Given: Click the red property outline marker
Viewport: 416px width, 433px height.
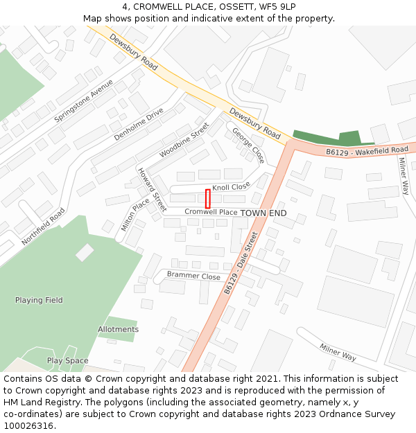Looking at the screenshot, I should pos(207,198).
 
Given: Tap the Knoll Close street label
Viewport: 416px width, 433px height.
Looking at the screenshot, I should pos(231,187).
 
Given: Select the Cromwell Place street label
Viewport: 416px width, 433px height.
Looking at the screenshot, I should pos(211,212).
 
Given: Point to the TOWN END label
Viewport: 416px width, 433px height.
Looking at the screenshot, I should pos(263,213).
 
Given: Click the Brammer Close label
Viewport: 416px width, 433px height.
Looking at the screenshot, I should pos(193,276).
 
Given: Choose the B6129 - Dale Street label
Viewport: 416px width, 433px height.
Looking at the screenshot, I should pos(241,263).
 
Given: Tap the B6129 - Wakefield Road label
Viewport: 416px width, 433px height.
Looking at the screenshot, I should pos(367,150).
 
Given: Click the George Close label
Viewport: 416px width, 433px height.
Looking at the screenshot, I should pos(248,145).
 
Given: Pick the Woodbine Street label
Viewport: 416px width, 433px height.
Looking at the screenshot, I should pos(184,140).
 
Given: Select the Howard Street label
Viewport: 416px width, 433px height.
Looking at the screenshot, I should pos(152,189).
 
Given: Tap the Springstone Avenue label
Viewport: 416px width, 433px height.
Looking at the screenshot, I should pos(83,100).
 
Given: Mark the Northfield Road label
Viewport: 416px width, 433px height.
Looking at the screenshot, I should pos(43,227).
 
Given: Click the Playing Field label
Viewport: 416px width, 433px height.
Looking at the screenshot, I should pos(39,300).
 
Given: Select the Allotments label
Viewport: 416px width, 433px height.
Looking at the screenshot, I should pos(118,329).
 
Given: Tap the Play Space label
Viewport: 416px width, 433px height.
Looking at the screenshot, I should pos(67,360).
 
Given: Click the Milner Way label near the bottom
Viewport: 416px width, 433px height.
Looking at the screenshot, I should pos(338,353).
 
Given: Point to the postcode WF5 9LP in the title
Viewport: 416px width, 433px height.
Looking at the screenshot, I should pos(277,7).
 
